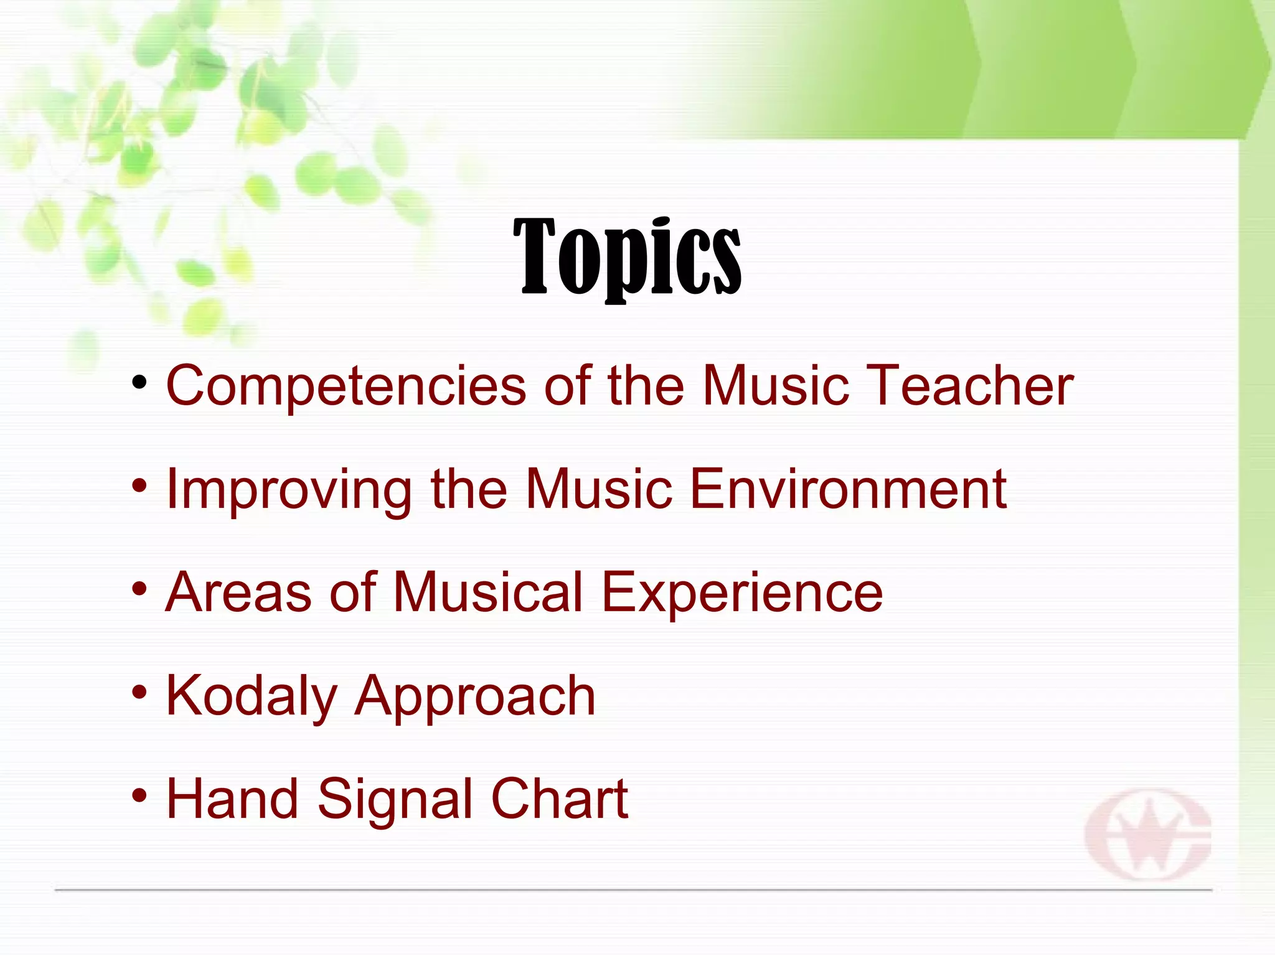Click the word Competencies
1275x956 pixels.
click(x=346, y=386)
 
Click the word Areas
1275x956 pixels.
click(x=238, y=592)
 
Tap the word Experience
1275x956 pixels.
click(x=742, y=593)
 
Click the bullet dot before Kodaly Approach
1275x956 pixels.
click(x=139, y=692)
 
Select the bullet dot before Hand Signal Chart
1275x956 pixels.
click(x=139, y=795)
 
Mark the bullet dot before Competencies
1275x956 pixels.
click(x=139, y=382)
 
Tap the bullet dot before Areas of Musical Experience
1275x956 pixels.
click(x=139, y=588)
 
